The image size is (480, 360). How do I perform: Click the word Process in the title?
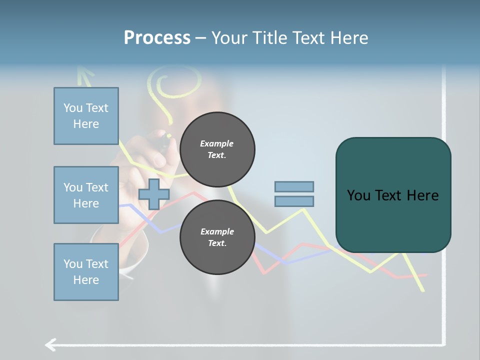click(x=157, y=37)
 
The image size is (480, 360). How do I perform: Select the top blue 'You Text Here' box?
click(x=86, y=116)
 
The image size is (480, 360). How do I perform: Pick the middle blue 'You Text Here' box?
click(x=86, y=195)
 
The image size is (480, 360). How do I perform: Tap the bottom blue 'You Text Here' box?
click(x=86, y=272)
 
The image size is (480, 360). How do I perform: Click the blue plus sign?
click(x=153, y=194)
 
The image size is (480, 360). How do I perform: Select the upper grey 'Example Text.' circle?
click(x=217, y=149)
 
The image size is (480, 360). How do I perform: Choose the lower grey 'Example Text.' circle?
click(x=217, y=237)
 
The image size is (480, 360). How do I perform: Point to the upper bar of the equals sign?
click(x=294, y=186)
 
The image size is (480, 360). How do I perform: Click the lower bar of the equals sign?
click(x=294, y=201)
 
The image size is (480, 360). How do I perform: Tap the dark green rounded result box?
click(x=393, y=195)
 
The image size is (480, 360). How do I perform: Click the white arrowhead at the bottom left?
click(x=49, y=344)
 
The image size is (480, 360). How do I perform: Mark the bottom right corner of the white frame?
click(x=443, y=344)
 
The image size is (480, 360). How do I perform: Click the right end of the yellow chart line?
click(x=423, y=290)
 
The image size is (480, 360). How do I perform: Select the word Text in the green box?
click(x=392, y=195)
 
